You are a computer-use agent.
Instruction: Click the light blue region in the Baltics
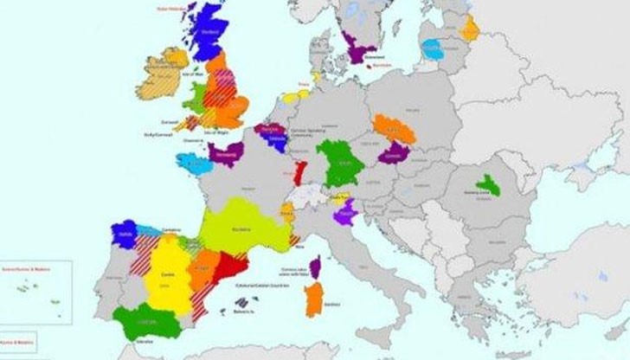click(432, 48)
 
